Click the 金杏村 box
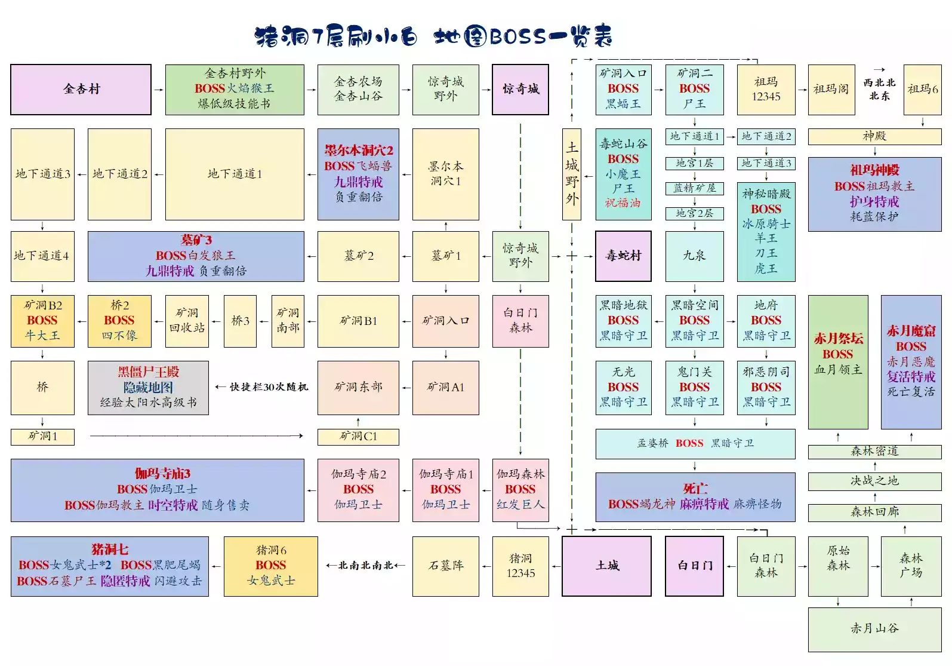pos(81,90)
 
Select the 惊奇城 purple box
pos(520,90)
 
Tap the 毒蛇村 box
pos(623,256)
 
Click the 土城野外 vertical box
pos(572,174)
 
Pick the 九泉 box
pos(694,256)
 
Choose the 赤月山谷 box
pos(874,629)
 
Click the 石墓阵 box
pos(445,566)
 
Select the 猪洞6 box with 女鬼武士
pos(270,566)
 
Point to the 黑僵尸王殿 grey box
pos(148,387)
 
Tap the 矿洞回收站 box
pos(187,321)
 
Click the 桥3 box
pos(240,321)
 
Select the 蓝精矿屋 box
pos(694,189)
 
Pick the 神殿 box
pos(874,137)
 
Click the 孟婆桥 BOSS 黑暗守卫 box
pos(695,443)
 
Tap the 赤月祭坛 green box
pos(838,361)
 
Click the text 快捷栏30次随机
pos(269,387)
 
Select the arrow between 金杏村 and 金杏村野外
pos(158,90)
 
